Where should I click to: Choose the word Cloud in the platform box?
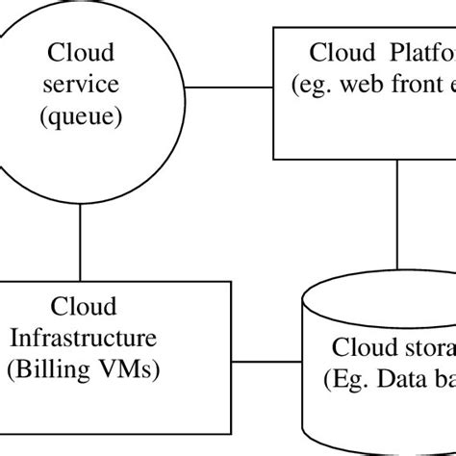pos(337,52)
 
